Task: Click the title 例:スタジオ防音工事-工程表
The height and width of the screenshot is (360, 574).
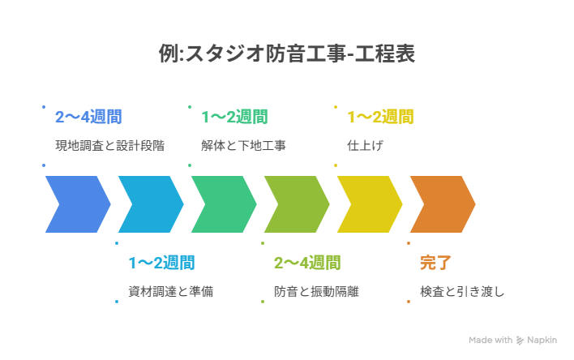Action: pyautogui.click(x=288, y=54)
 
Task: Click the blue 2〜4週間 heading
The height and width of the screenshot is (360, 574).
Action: pyautogui.click(x=88, y=117)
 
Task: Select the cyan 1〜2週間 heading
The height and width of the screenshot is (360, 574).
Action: pyautogui.click(x=161, y=263)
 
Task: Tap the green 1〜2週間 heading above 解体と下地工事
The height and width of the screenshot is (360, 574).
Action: pyautogui.click(x=234, y=117)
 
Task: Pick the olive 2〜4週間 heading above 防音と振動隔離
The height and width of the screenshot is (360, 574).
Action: pyautogui.click(x=307, y=263)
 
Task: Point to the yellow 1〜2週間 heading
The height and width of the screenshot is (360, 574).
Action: pyautogui.click(x=380, y=117)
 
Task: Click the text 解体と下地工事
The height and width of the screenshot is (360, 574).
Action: pyautogui.click(x=243, y=146)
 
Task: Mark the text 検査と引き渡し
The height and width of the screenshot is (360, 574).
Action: pyautogui.click(x=462, y=291)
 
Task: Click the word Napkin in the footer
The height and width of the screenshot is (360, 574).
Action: pyautogui.click(x=544, y=341)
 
